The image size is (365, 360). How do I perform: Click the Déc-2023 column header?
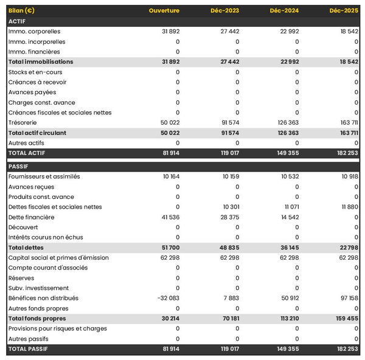[224, 11]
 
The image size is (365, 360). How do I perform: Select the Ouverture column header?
[164, 11]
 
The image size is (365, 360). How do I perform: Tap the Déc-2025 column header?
[344, 11]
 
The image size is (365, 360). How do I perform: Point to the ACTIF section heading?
[17, 21]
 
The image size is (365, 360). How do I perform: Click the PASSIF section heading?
[18, 167]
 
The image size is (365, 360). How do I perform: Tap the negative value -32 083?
[168, 298]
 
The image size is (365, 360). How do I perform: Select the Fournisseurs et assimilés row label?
[44, 176]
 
